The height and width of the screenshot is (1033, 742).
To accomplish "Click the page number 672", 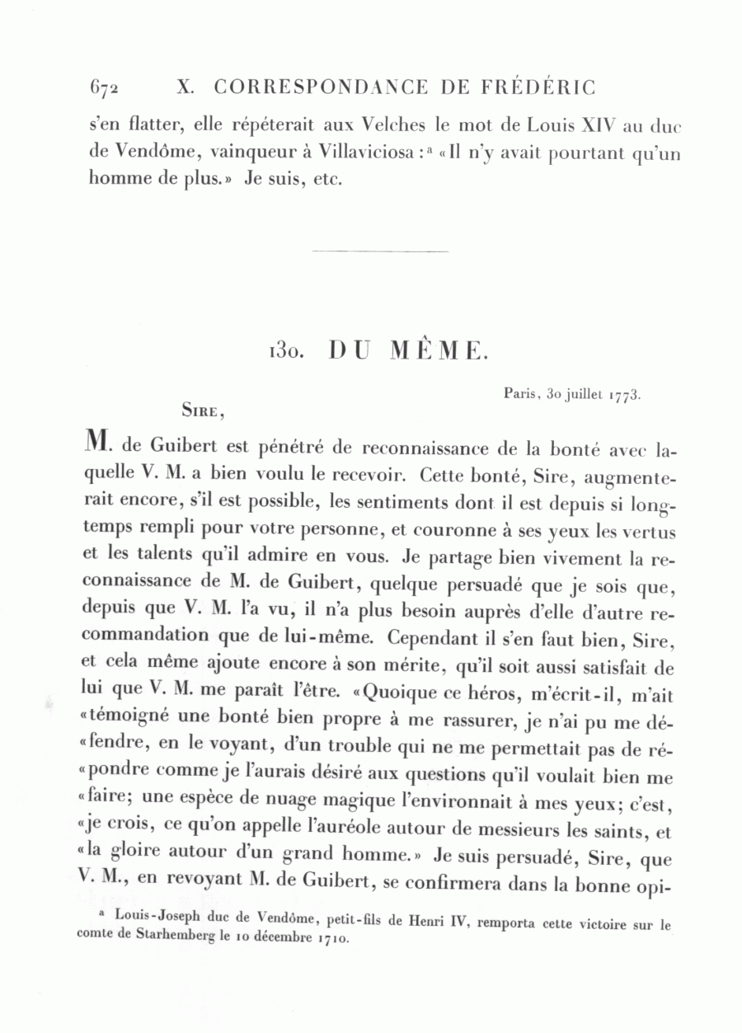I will (x=104, y=87).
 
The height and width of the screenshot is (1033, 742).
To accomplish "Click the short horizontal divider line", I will (x=380, y=251).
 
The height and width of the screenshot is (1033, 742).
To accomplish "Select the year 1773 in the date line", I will (x=625, y=396).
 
